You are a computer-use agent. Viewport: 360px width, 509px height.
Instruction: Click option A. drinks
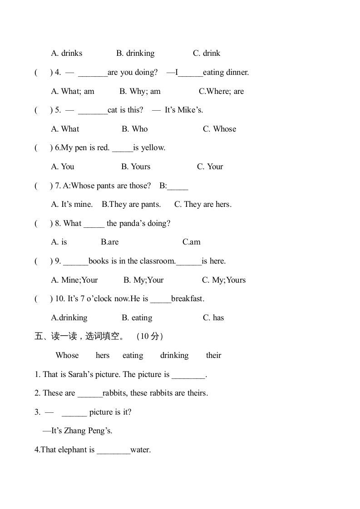pos(67,53)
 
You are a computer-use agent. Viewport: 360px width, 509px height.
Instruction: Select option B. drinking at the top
pos(135,53)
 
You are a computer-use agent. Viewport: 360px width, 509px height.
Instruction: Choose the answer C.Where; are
pos(221,91)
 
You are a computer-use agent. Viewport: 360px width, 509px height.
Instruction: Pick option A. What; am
pos(73,91)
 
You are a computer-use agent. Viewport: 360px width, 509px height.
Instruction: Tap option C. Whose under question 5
pos(219,129)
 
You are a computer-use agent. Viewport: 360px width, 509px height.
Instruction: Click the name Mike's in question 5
pos(190,110)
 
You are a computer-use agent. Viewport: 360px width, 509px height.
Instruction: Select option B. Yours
pos(136,166)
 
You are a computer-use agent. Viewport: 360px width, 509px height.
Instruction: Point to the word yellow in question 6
pos(153,147)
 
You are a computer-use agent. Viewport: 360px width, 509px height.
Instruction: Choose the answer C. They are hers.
pos(203,204)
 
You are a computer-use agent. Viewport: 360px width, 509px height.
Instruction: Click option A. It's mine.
pos(72,204)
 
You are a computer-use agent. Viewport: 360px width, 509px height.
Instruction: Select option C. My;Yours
pos(224,280)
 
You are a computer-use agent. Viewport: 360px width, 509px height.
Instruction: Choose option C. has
pos(213,318)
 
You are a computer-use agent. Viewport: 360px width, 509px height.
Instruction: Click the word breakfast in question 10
pos(187,299)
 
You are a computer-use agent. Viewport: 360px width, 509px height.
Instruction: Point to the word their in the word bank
pos(213,355)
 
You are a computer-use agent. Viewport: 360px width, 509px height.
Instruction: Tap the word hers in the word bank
pos(103,355)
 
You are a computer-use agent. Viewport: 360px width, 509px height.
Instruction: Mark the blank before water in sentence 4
pos(113,450)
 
